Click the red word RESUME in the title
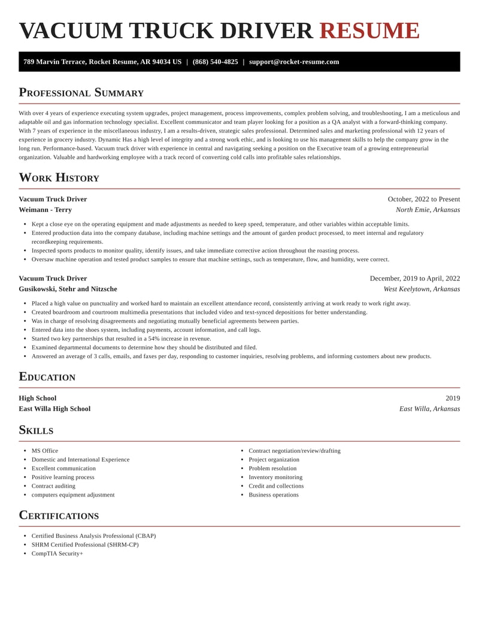coord(369,31)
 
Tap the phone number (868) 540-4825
coord(215,62)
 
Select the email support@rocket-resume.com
coord(294,62)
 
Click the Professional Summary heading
coord(81,92)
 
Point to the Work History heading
coord(59,177)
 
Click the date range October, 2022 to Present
coord(424,199)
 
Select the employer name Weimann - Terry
coord(45,210)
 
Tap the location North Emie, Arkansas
coord(428,210)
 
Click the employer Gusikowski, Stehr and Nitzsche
coord(68,289)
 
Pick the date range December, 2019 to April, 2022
coord(415,278)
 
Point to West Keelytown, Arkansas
coord(422,289)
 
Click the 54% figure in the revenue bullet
coord(155,338)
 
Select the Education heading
coord(47,377)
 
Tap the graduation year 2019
coord(453,398)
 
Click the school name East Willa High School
coord(54,409)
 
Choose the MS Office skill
coord(45,450)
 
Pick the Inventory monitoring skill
coord(275,477)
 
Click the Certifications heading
coord(59,515)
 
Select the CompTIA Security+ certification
coord(57,554)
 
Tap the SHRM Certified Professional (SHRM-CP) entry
coord(85,545)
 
